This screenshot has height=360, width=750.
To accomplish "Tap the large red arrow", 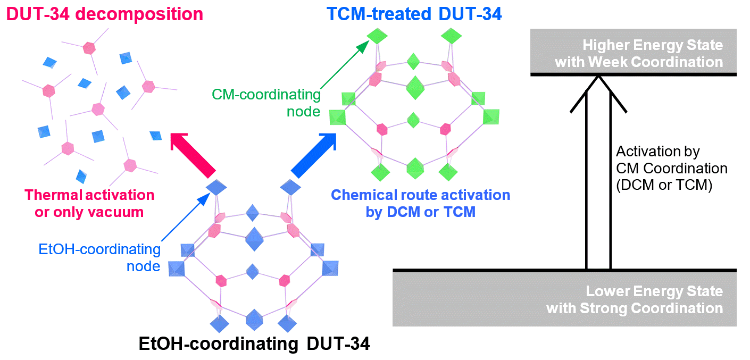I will (x=192, y=154).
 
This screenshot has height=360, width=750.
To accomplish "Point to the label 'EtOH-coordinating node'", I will (x=99, y=257).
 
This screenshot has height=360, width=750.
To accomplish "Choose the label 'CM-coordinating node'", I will (x=266, y=103).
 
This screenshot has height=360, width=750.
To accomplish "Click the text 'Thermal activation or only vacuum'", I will (x=89, y=203).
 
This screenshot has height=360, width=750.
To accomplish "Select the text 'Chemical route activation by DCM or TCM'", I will (x=420, y=203).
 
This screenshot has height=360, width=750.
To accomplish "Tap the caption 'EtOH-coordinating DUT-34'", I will (x=254, y=344).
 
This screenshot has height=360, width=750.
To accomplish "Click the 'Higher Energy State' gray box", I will (x=633, y=52).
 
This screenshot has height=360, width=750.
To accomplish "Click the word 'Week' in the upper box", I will (x=606, y=62).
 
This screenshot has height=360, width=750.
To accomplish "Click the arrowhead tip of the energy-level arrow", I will (x=598, y=77).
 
